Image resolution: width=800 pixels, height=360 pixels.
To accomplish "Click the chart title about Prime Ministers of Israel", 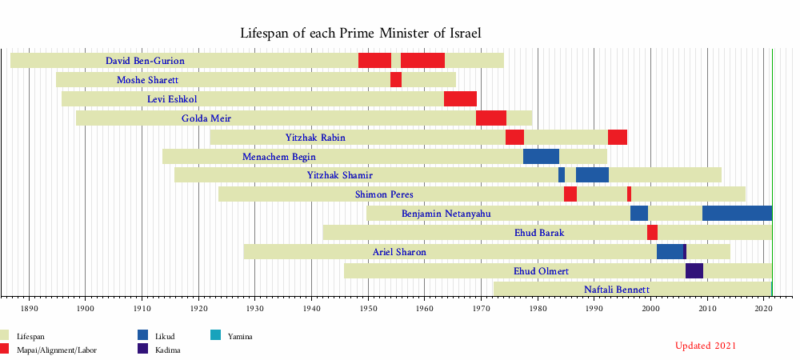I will pyautogui.click(x=360, y=33).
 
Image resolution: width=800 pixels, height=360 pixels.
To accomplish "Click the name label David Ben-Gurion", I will pyautogui.click(x=145, y=61).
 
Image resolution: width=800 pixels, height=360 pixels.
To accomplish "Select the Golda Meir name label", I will pyautogui.click(x=206, y=118).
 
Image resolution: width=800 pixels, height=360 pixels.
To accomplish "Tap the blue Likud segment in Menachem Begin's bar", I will pyautogui.click(x=541, y=157).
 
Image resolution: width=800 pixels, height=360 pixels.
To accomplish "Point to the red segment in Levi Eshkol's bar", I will pyautogui.click(x=460, y=99).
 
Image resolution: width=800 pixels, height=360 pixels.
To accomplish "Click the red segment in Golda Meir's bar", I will pyautogui.click(x=490, y=118).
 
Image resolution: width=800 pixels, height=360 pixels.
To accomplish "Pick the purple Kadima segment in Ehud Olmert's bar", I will pyautogui.click(x=694, y=270).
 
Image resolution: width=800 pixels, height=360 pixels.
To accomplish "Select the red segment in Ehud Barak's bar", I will pyautogui.click(x=652, y=233).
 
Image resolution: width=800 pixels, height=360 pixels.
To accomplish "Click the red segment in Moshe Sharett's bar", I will pyautogui.click(x=396, y=80).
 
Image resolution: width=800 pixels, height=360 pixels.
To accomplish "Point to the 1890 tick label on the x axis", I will pyautogui.click(x=29, y=306).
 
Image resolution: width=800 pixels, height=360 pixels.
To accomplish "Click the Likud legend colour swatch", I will pyautogui.click(x=143, y=336).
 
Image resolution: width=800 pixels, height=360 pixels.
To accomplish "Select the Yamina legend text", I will pyautogui.click(x=240, y=337).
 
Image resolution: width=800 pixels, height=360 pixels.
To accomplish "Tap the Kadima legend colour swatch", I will pyautogui.click(x=143, y=349).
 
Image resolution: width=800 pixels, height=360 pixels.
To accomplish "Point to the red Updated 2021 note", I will pyautogui.click(x=705, y=346).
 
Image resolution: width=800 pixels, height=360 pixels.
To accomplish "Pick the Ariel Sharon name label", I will pyautogui.click(x=399, y=252).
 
